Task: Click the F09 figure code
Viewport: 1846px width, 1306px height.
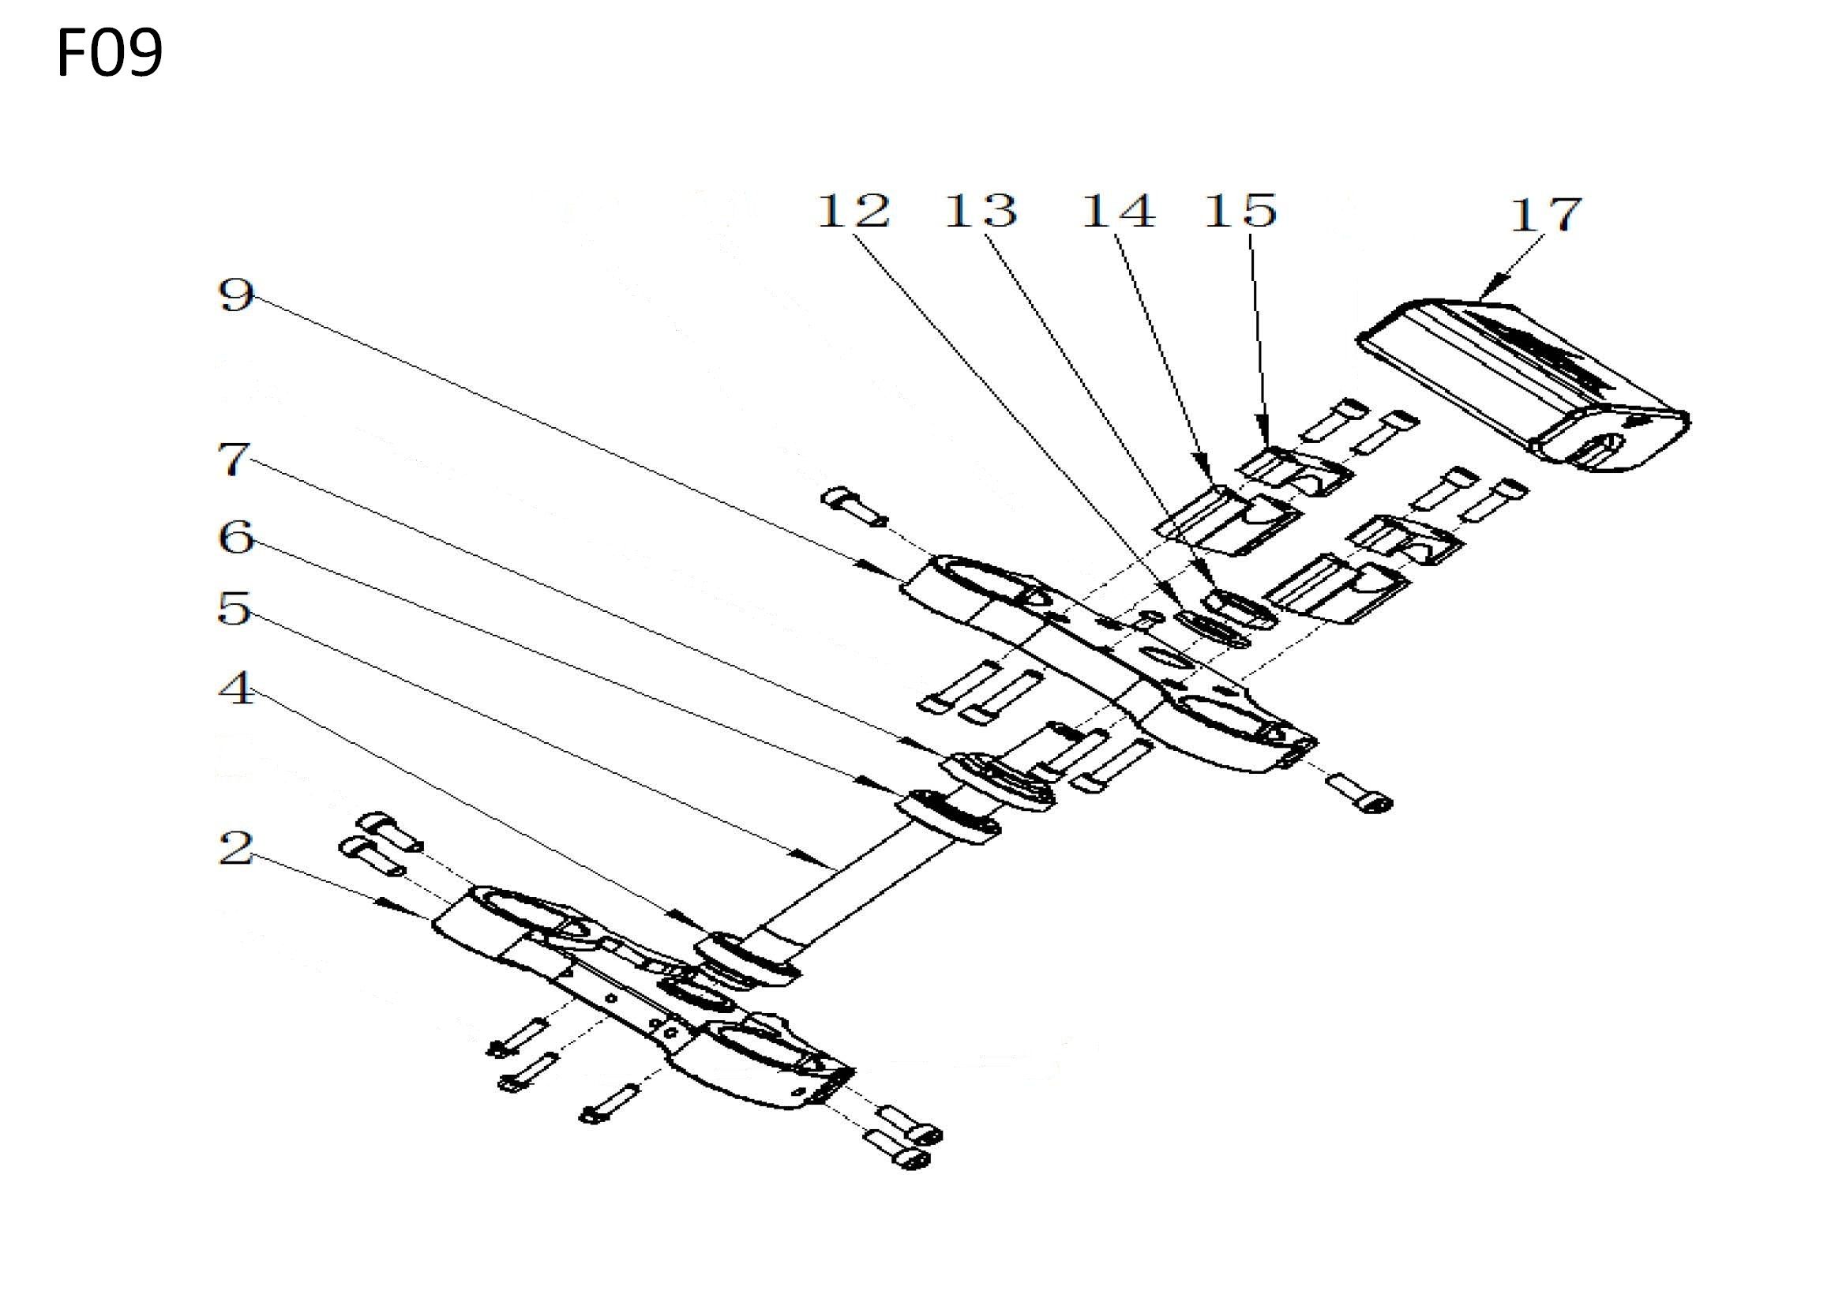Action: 111,52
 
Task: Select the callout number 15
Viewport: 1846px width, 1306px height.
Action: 1240,210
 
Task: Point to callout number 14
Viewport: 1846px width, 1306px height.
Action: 1118,210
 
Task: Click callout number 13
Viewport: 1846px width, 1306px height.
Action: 980,210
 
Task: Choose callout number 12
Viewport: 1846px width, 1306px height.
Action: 854,210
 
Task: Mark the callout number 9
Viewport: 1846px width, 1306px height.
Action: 235,295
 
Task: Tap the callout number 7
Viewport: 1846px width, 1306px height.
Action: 234,460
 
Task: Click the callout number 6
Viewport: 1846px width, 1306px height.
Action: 235,536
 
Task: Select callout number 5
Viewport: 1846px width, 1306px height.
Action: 234,609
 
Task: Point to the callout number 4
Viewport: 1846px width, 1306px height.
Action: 235,689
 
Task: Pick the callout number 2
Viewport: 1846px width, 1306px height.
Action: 235,848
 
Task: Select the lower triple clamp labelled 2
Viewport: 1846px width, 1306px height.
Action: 643,997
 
